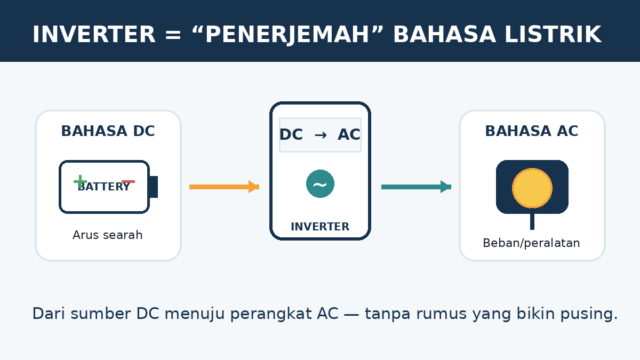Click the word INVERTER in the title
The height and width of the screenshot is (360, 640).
[94, 35]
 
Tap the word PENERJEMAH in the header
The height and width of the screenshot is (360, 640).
[287, 35]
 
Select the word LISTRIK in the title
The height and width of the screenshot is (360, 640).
[553, 35]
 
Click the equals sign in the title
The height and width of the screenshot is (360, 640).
[173, 35]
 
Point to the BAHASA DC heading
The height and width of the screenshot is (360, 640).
[108, 131]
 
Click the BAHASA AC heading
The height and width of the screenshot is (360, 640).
[532, 131]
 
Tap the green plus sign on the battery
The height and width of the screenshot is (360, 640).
[81, 181]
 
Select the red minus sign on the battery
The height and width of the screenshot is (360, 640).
[129, 182]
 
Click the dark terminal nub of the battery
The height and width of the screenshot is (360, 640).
[154, 187]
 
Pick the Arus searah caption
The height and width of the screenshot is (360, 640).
[107, 235]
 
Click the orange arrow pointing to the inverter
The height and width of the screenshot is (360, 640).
[225, 187]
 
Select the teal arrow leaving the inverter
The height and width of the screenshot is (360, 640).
[417, 187]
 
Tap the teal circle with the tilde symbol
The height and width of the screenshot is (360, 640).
[321, 183]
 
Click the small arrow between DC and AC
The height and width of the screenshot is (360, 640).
[321, 135]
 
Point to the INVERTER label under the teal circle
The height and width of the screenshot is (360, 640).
[320, 227]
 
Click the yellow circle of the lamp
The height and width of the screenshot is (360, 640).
[532, 188]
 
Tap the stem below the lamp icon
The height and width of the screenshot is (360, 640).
[532, 221]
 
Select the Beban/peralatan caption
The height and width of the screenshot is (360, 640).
[531, 243]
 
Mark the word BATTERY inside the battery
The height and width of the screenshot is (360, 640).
[104, 187]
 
